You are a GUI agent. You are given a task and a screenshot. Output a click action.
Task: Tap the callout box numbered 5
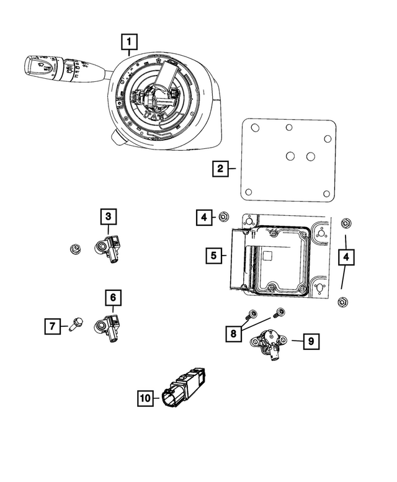(213, 255)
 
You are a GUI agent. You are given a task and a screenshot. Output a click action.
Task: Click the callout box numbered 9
(311, 341)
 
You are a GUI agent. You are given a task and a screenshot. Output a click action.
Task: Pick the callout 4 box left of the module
(203, 217)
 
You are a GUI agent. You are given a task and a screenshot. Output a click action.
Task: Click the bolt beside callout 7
(76, 323)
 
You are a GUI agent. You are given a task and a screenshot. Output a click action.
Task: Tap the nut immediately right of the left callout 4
(223, 216)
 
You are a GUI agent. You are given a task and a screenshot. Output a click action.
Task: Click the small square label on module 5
(269, 256)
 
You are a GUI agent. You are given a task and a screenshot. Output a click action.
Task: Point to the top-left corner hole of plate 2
(254, 127)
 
